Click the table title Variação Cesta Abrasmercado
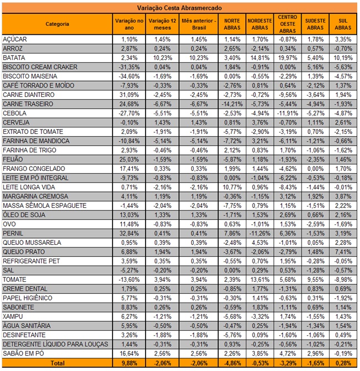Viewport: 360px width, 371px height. pos(179,8)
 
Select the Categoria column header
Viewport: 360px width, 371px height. pos(57,24)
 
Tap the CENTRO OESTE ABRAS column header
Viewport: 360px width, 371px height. pos(287,24)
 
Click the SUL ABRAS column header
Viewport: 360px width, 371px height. pos(343,24)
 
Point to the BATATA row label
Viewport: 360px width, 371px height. pos(14,58)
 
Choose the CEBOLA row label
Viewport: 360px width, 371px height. pos(14,113)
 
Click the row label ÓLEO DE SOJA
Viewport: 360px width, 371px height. pos(24,215)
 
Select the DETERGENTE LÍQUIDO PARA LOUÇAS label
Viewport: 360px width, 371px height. pos(55,344)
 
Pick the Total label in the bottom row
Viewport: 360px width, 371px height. pos(57,363)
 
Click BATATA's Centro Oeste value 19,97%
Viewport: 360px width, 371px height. pos(288,58)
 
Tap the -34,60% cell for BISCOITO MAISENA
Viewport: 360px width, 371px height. pos(129,76)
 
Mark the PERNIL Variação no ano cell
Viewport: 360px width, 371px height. pos(129,233)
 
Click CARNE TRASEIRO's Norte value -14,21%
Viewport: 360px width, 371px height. pos(232,104)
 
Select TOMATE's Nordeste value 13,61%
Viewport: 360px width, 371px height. pos(260,279)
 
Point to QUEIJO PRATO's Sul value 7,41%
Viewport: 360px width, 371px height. pos(343,252)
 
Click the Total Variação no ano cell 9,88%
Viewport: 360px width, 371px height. pos(129,363)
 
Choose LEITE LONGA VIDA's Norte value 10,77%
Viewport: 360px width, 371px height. pos(232,187)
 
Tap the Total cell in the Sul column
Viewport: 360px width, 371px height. pos(343,363)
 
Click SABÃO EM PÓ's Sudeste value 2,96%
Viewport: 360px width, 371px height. pos(315,353)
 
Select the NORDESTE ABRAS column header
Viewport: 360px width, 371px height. pos(260,24)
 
